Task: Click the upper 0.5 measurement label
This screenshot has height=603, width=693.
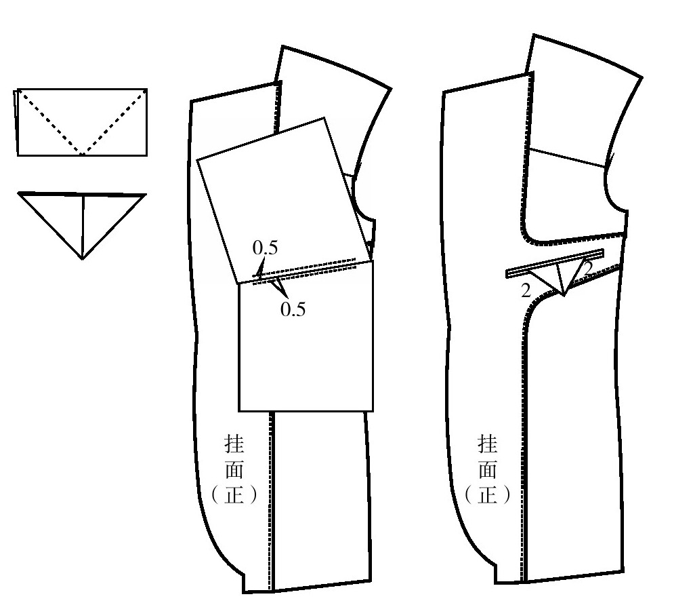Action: [265, 248]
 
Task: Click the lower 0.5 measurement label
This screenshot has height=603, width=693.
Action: [293, 309]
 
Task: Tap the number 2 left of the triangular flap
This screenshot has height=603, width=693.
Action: [526, 291]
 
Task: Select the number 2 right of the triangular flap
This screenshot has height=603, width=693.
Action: [587, 268]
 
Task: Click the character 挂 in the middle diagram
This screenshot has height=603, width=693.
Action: [234, 444]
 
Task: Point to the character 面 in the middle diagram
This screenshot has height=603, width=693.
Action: [234, 469]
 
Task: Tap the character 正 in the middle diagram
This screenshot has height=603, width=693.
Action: [234, 495]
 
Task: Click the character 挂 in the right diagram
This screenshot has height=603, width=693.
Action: [487, 444]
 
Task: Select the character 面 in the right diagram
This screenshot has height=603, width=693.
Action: [487, 469]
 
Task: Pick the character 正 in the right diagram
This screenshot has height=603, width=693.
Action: [487, 495]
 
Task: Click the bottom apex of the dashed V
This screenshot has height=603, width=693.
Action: [82, 155]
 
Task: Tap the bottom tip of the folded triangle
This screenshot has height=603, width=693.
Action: [82, 259]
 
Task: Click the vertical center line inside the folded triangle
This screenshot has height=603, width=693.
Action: [83, 226]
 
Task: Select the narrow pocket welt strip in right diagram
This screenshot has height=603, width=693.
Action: [555, 263]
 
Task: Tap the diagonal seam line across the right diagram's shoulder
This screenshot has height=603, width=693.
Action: [568, 158]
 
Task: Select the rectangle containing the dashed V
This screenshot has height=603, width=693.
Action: [82, 122]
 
